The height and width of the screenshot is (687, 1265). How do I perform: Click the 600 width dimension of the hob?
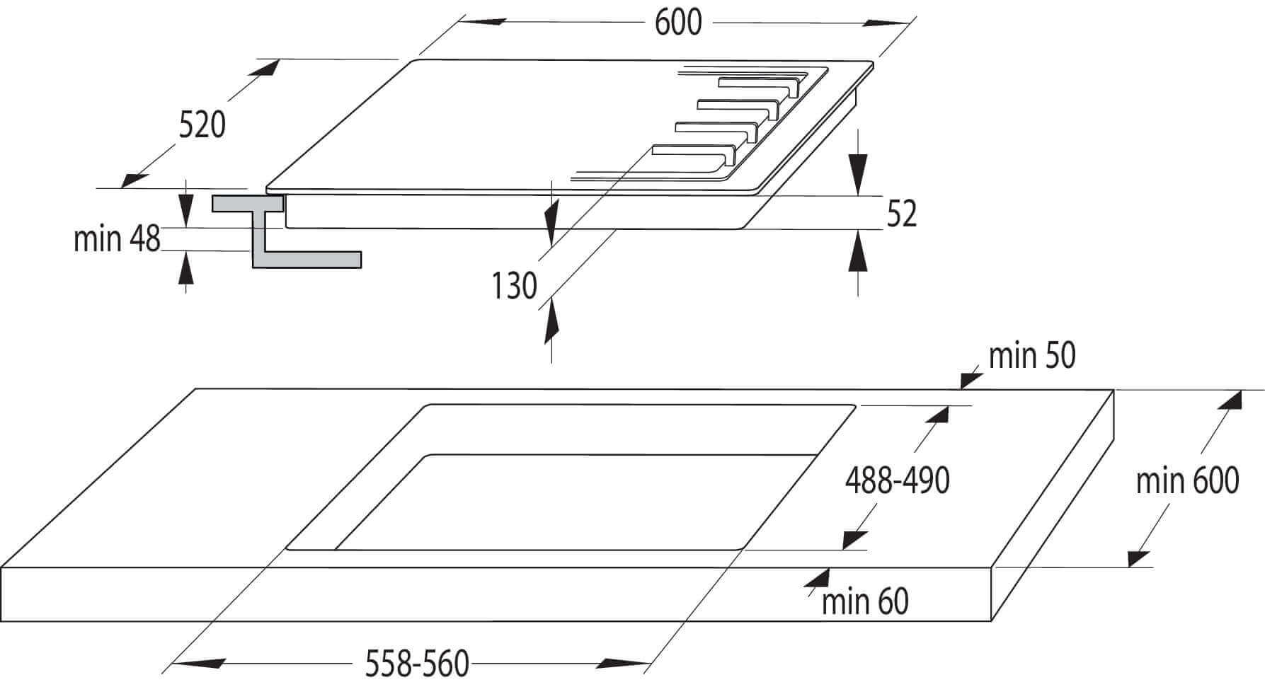(x=678, y=23)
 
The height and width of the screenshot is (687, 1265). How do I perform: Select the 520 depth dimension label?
(x=202, y=125)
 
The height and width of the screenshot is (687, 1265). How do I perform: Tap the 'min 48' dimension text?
(x=118, y=239)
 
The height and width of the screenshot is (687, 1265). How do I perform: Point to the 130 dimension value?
(x=515, y=287)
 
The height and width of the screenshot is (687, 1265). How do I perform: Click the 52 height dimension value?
(x=902, y=214)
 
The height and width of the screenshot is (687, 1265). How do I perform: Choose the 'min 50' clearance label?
(x=1032, y=356)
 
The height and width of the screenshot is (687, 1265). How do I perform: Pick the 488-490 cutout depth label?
(x=897, y=481)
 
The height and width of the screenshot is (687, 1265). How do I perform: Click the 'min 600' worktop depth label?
(x=1187, y=481)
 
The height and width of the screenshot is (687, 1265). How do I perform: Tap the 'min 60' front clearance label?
(x=865, y=602)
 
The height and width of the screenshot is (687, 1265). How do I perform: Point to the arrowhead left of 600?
(x=481, y=21)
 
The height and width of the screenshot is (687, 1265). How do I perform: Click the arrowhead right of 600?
(x=885, y=23)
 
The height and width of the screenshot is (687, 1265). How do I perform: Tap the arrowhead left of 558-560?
(x=198, y=664)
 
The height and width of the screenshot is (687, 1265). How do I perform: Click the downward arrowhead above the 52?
(x=858, y=174)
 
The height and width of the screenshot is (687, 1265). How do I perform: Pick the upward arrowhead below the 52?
(x=858, y=251)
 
